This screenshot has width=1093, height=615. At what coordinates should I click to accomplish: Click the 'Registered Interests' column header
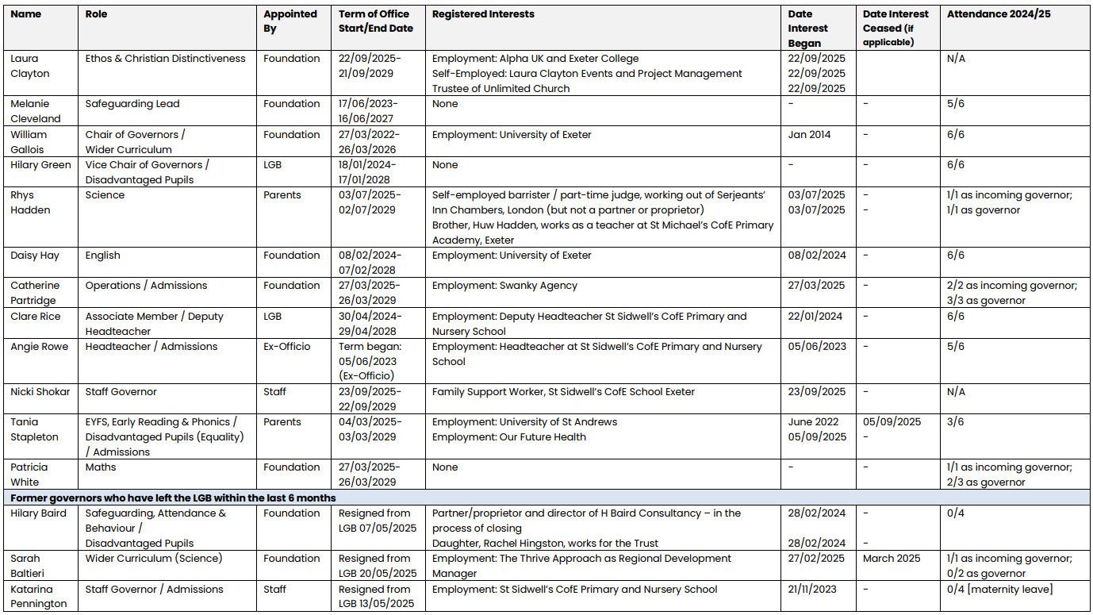[483, 14]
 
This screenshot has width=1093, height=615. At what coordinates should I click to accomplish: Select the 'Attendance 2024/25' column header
[999, 14]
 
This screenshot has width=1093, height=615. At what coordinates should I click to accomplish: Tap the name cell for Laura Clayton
[30, 66]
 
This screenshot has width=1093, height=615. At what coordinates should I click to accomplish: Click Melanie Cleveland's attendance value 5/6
[956, 104]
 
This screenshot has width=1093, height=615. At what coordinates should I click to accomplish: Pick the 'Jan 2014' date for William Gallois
[809, 135]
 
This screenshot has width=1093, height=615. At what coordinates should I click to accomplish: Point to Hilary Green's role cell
[147, 172]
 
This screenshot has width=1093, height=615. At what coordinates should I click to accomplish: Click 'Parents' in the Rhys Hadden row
[282, 195]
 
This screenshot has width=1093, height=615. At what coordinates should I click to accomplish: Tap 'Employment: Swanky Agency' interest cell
[504, 286]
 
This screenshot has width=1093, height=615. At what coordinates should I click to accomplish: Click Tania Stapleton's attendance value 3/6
[956, 422]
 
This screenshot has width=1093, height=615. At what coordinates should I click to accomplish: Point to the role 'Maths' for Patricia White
[101, 467]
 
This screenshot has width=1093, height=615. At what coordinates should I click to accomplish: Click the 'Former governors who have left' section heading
[173, 498]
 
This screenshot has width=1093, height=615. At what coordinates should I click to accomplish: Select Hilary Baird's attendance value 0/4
[956, 513]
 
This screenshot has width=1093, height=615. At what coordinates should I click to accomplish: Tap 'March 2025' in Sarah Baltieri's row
[892, 559]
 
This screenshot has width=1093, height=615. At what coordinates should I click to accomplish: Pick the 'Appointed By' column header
[290, 21]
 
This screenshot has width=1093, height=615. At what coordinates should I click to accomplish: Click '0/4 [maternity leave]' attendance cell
[999, 590]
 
